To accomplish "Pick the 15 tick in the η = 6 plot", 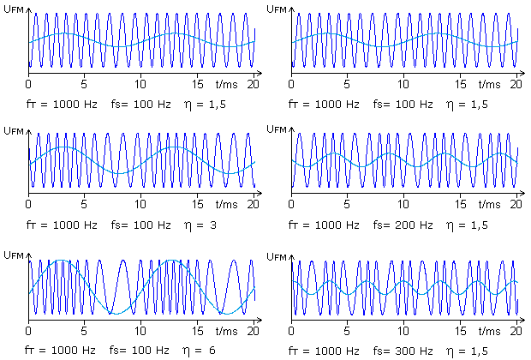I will pos(198,329).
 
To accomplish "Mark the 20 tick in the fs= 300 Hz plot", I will pos(516,329).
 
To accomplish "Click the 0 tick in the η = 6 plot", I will pos(29,329).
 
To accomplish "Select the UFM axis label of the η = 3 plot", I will pos(14,131).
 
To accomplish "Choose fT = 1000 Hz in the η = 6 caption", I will pos(55,351).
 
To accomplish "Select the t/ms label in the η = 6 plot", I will pos(226,329).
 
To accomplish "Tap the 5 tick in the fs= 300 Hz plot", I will pos(347,329).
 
